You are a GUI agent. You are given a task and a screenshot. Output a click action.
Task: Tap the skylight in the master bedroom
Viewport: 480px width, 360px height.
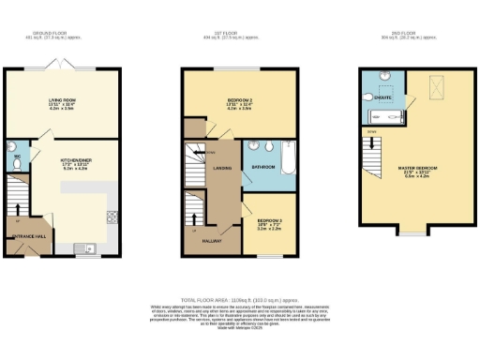tap(436, 86)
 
